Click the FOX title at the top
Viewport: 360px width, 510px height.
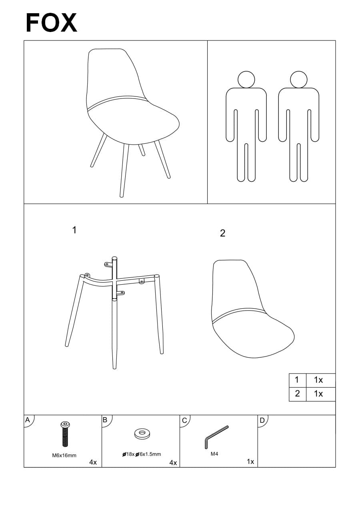coord(52,23)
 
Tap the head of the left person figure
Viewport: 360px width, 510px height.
coord(246,79)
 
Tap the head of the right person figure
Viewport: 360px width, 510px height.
coord(298,79)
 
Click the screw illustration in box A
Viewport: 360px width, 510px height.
coord(65,434)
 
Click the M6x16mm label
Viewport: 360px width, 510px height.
coord(64,456)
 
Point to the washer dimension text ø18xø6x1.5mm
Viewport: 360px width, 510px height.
coord(142,454)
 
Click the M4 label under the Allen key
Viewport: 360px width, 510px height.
coord(214,454)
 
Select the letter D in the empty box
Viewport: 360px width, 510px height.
coord(262,420)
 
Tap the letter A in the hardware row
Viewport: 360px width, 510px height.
coord(27,420)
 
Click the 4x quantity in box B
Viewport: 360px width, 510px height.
coord(173,463)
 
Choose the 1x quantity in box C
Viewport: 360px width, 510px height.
coord(250,462)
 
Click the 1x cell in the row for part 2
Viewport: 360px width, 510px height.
coord(321,394)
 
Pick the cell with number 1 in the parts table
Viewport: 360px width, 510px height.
coord(298,380)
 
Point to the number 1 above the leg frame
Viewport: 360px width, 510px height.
coord(74,230)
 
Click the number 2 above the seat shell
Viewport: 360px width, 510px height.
coord(222,233)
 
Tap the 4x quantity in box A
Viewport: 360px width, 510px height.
coord(93,462)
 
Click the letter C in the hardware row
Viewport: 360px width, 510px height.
coord(184,420)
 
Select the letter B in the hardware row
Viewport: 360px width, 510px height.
coord(105,420)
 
